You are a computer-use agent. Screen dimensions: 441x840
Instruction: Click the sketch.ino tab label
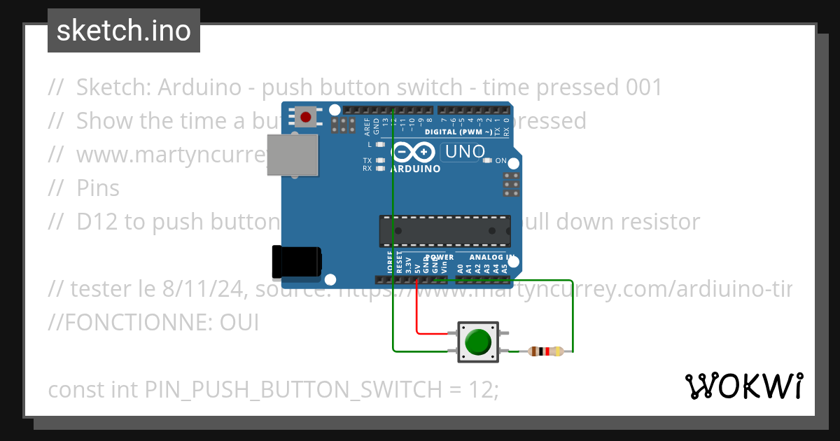coord(124,31)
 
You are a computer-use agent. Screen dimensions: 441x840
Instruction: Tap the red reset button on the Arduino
coord(305,116)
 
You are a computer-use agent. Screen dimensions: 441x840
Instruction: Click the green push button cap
coord(478,342)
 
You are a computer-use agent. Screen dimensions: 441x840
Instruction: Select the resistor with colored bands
coord(545,351)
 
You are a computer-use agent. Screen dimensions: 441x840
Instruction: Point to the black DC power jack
coord(297,261)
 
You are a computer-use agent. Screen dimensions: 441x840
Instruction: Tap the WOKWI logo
coord(743,386)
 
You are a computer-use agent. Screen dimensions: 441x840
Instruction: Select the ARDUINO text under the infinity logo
coord(416,169)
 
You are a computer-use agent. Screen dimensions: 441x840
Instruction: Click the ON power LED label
coord(500,161)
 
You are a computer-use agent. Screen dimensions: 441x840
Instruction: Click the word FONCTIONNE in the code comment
coord(134,323)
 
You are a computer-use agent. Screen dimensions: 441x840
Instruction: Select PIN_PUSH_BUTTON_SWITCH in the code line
coord(293,389)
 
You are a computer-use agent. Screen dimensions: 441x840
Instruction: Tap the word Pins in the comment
coord(98,188)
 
